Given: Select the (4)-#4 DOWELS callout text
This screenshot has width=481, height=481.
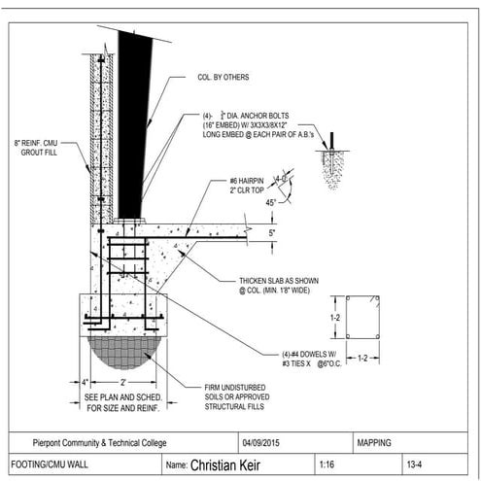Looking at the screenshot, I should click(308, 357).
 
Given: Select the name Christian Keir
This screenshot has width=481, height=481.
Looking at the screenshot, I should click(230, 464).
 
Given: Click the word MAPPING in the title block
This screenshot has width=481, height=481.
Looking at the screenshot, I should click(374, 442).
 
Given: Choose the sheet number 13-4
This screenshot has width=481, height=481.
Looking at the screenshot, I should click(414, 464).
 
